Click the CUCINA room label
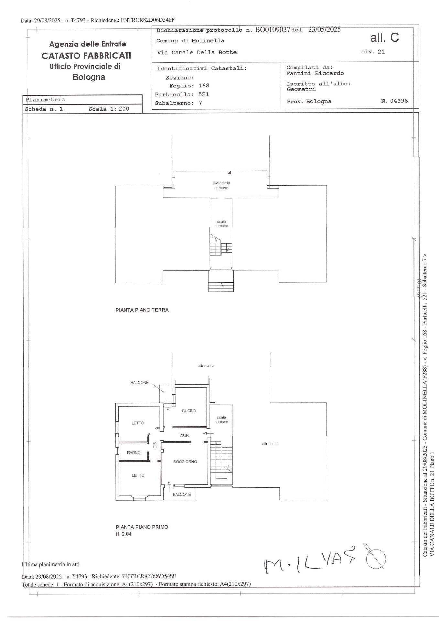(189, 411)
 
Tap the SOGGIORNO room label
(185, 462)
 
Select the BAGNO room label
(134, 452)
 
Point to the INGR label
(184, 435)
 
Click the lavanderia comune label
(221, 185)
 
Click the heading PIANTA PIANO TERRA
(142, 310)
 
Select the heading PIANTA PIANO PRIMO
(142, 527)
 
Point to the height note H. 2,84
(123, 534)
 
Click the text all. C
(384, 38)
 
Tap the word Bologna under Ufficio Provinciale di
(89, 77)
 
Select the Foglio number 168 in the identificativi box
(204, 86)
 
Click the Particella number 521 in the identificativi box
(204, 94)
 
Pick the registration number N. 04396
(394, 101)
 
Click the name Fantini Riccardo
(315, 73)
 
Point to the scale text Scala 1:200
(109, 109)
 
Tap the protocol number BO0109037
(273, 30)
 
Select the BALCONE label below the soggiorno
(182, 495)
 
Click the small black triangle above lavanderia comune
(229, 172)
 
